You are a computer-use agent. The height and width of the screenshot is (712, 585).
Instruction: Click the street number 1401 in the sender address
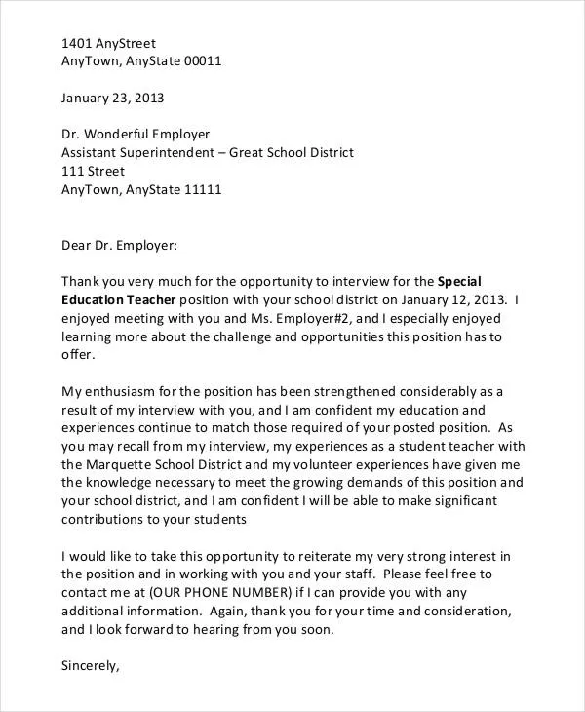coord(77,43)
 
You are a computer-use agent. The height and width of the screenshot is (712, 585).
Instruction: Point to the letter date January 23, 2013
coord(112,98)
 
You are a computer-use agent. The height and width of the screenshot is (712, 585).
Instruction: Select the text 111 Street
coord(93,171)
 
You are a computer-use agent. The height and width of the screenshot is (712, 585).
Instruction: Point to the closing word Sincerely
coord(90,666)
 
